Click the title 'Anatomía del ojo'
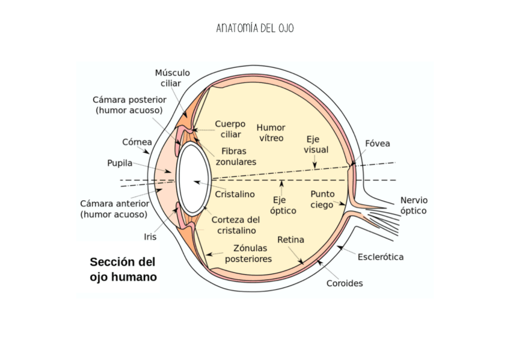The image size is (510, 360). [255, 28]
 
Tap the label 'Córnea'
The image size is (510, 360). [137, 142]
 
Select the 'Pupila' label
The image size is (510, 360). [120, 163]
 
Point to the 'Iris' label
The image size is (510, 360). [150, 237]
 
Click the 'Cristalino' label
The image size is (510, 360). [235, 194]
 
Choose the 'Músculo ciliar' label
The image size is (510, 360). [172, 78]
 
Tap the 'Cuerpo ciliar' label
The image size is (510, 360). [230, 129]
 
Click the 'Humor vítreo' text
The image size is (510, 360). [271, 133]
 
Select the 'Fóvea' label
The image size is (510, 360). [377, 144]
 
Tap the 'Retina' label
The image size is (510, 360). [290, 240]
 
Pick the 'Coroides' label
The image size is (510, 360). [345, 283]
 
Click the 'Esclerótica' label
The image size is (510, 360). [380, 257]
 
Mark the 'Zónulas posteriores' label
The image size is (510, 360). [248, 254]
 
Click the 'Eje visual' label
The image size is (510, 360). [316, 144]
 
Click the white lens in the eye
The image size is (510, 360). [192, 178]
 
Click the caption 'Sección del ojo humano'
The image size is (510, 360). [123, 270]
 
